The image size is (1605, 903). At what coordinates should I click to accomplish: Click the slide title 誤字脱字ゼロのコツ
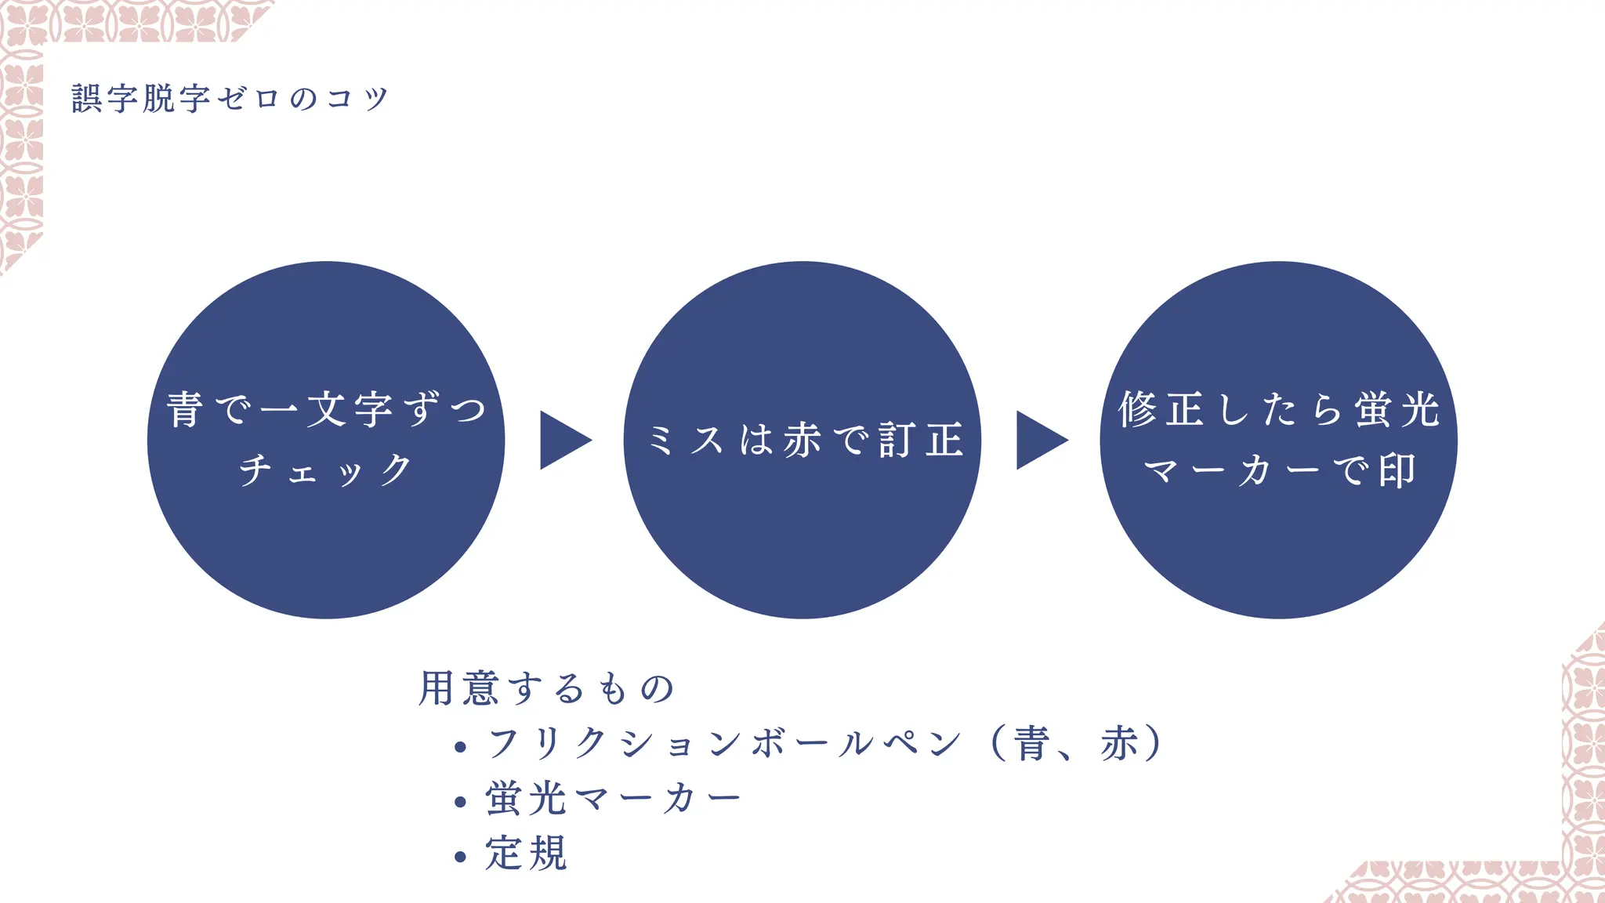point(230,100)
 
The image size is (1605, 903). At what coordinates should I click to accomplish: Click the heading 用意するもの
point(546,689)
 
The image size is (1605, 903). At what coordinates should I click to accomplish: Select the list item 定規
point(526,854)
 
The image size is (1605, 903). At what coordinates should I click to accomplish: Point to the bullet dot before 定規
point(460,857)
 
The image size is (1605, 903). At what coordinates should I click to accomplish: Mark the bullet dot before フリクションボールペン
point(460,747)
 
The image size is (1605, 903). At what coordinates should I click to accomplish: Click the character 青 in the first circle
point(185,410)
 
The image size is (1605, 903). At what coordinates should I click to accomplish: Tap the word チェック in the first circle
point(326,470)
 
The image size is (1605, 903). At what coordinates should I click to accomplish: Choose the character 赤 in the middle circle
point(802,440)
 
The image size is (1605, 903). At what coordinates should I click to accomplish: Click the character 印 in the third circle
point(1397,471)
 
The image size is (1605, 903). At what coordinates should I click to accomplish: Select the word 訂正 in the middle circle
point(921,440)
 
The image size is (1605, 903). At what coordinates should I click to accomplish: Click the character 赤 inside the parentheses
point(1118,743)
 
